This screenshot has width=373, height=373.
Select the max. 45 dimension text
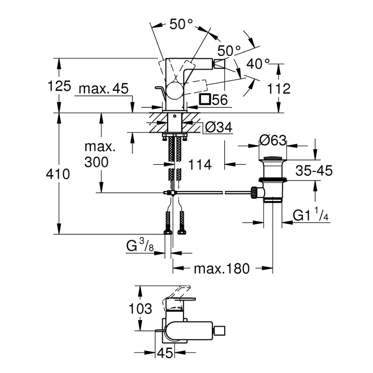coord(104,89)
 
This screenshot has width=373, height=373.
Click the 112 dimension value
coord(279,89)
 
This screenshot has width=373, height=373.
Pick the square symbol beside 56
coord(205,99)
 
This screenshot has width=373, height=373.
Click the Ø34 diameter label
coord(218,128)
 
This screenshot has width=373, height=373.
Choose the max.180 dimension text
coord(222,269)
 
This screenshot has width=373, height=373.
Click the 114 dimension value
coord(200,165)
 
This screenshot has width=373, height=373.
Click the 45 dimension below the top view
coord(165,353)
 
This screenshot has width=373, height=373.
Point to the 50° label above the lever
coord(182,24)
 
